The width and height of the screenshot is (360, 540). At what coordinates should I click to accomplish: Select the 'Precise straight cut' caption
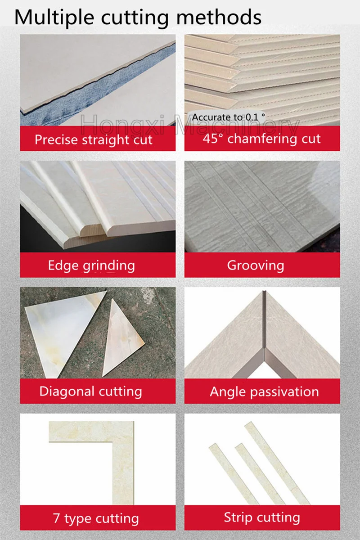pos(94,139)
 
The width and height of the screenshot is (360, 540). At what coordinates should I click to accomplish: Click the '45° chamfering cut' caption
pos(261,138)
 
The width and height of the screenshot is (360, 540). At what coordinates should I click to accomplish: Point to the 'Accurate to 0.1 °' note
pos(229,117)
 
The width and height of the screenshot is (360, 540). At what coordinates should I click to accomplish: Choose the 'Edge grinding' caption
pos(91,265)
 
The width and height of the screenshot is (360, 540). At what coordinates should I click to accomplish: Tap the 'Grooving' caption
pos(255,265)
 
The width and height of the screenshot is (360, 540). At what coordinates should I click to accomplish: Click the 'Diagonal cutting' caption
pos(90,391)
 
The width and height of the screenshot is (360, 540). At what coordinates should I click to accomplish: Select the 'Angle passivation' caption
pos(264,391)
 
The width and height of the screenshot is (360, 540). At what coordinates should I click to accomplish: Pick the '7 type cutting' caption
pos(96,518)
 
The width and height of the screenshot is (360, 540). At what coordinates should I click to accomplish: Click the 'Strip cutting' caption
pos(262,517)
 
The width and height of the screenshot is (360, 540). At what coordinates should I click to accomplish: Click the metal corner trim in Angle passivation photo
pos(265,333)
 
